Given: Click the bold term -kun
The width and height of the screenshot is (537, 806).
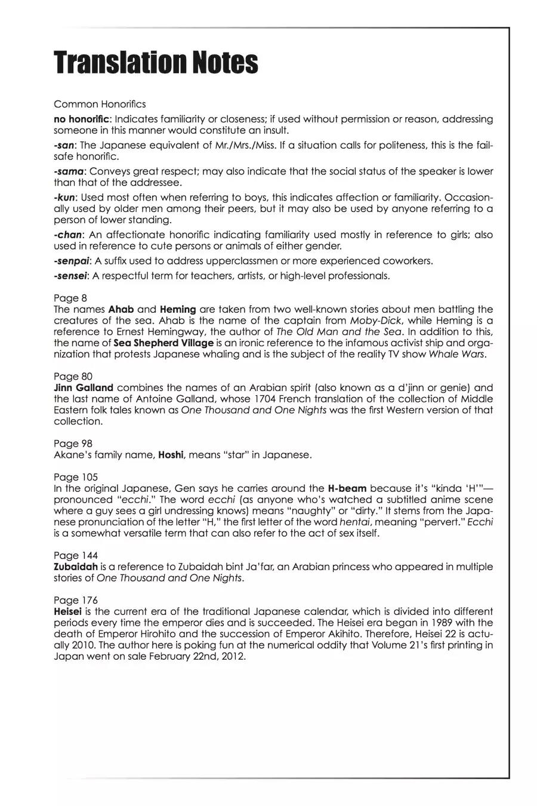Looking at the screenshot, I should pyautogui.click(x=64, y=198).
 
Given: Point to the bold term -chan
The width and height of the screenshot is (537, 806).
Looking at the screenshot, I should pyautogui.click(x=67, y=235).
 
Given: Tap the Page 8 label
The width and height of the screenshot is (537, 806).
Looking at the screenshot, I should pyautogui.click(x=66, y=298).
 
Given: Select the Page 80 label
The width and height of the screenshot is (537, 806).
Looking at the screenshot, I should pyautogui.click(x=69, y=376).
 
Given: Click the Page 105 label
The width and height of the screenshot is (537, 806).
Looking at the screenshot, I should pyautogui.click(x=71, y=477).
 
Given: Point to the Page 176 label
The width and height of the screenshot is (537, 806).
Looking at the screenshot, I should pyautogui.click(x=71, y=600).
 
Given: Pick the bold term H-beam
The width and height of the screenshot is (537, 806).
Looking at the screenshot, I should pyautogui.click(x=347, y=488).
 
